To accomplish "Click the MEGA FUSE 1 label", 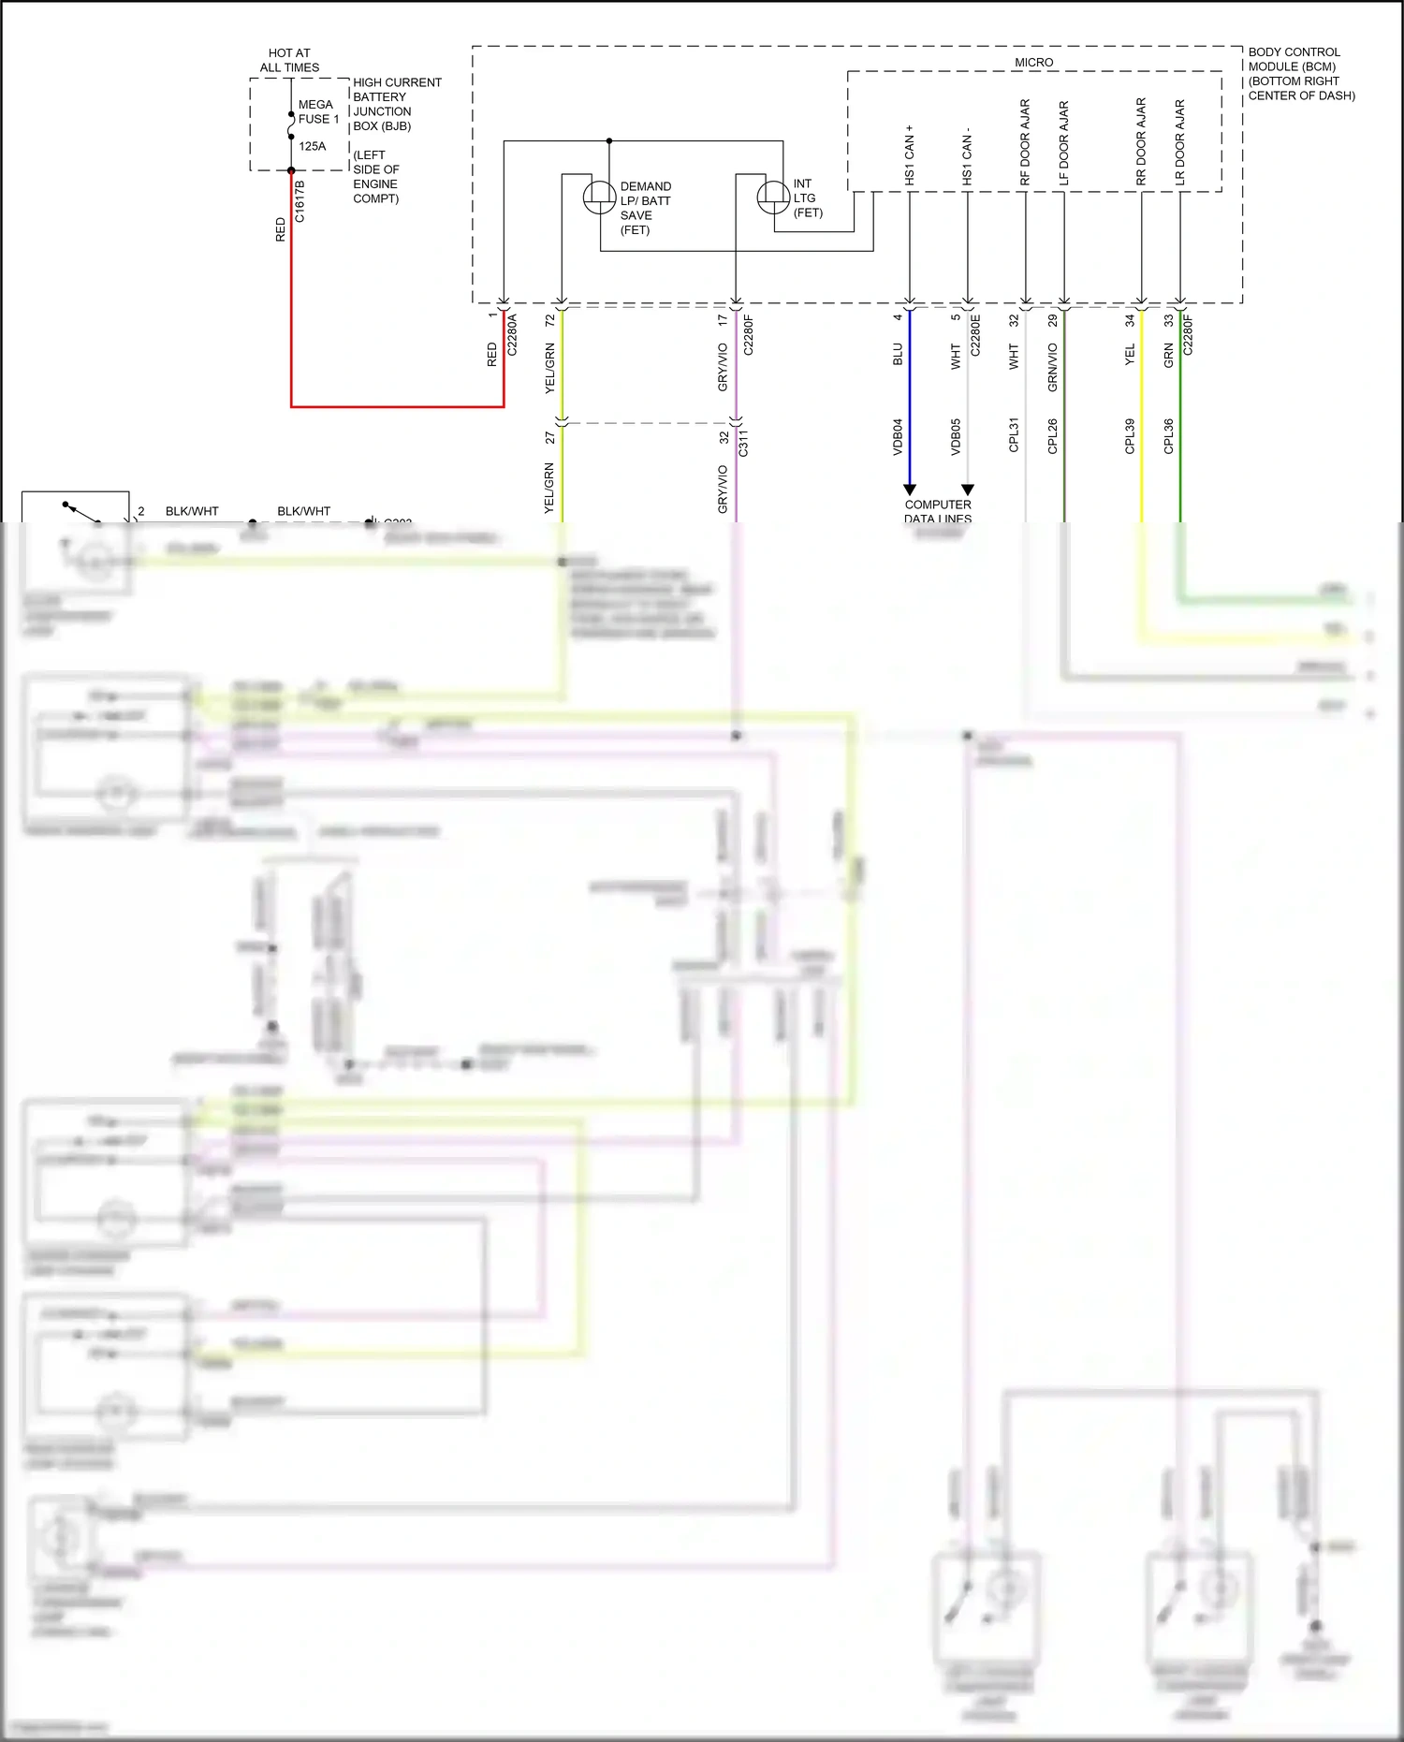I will [x=318, y=111].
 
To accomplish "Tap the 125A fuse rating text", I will [x=313, y=146].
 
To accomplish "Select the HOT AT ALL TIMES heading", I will [x=289, y=60].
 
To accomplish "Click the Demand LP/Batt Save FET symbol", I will [x=599, y=197].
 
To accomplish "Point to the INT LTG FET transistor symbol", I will [x=773, y=197].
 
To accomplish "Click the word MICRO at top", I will [x=1033, y=62].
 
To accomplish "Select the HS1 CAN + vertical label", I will [x=909, y=154].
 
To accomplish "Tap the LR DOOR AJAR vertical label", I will [x=1180, y=142].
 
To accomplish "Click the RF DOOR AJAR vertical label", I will [x=1025, y=142].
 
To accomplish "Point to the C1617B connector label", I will [x=300, y=201].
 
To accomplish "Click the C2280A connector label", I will [x=512, y=335].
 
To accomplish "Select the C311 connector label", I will [x=743, y=443].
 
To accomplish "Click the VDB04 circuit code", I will [x=898, y=436].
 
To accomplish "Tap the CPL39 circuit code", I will [x=1130, y=436].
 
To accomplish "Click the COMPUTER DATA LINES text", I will [x=938, y=511].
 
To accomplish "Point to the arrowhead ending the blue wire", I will [x=909, y=490].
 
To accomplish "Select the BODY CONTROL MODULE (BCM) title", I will [x=1300, y=73].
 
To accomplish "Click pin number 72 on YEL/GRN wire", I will [x=550, y=319].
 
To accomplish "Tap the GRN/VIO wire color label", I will [x=1052, y=367].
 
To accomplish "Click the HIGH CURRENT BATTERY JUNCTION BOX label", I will [x=396, y=104].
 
